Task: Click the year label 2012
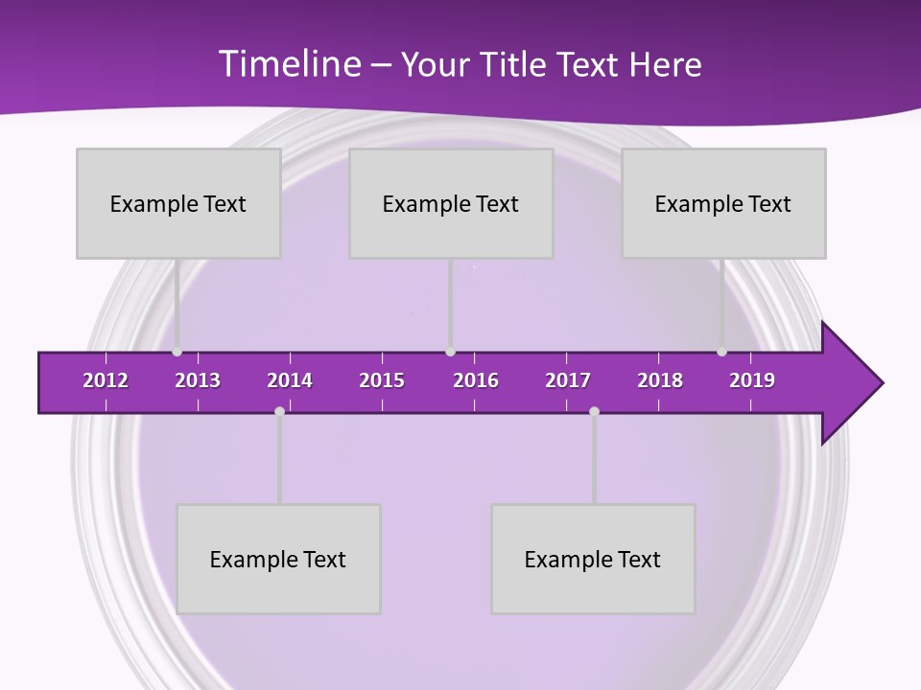tap(106, 380)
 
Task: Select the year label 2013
tap(198, 380)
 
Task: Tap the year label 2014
tap(290, 380)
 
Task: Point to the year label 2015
tap(382, 380)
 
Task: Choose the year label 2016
tap(476, 380)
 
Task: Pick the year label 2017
tap(568, 380)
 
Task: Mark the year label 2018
tap(660, 380)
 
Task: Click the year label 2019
tap(752, 380)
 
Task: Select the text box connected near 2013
tap(178, 203)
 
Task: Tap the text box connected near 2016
tap(451, 203)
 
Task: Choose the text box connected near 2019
tap(723, 203)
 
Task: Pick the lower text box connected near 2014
tap(278, 559)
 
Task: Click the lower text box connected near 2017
tap(593, 559)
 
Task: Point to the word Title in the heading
tap(518, 65)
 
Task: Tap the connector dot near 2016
tap(451, 352)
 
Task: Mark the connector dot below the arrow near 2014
tap(279, 411)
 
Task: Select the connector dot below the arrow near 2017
tap(594, 411)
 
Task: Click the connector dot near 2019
tap(721, 352)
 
